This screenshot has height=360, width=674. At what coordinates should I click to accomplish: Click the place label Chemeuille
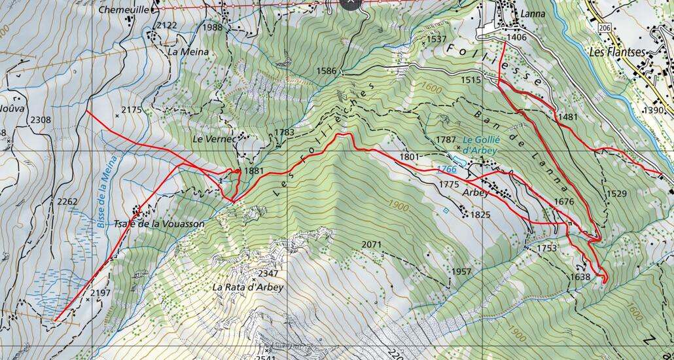123,10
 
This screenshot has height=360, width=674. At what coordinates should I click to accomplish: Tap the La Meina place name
188,52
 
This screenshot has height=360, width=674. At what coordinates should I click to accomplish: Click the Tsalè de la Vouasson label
159,224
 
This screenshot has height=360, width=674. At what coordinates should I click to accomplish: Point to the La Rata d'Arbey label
247,287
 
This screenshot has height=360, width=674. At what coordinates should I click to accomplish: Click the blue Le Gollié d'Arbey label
480,145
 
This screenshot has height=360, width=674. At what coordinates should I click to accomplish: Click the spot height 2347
268,273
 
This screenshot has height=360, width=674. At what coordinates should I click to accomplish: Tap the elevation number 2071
371,244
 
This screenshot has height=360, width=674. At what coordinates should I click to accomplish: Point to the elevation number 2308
41,120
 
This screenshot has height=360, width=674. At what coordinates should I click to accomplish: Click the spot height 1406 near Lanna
516,38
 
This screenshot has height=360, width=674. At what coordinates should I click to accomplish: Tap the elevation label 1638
580,277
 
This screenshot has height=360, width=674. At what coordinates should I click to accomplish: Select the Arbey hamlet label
476,193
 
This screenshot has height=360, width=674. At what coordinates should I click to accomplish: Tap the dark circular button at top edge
351,2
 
